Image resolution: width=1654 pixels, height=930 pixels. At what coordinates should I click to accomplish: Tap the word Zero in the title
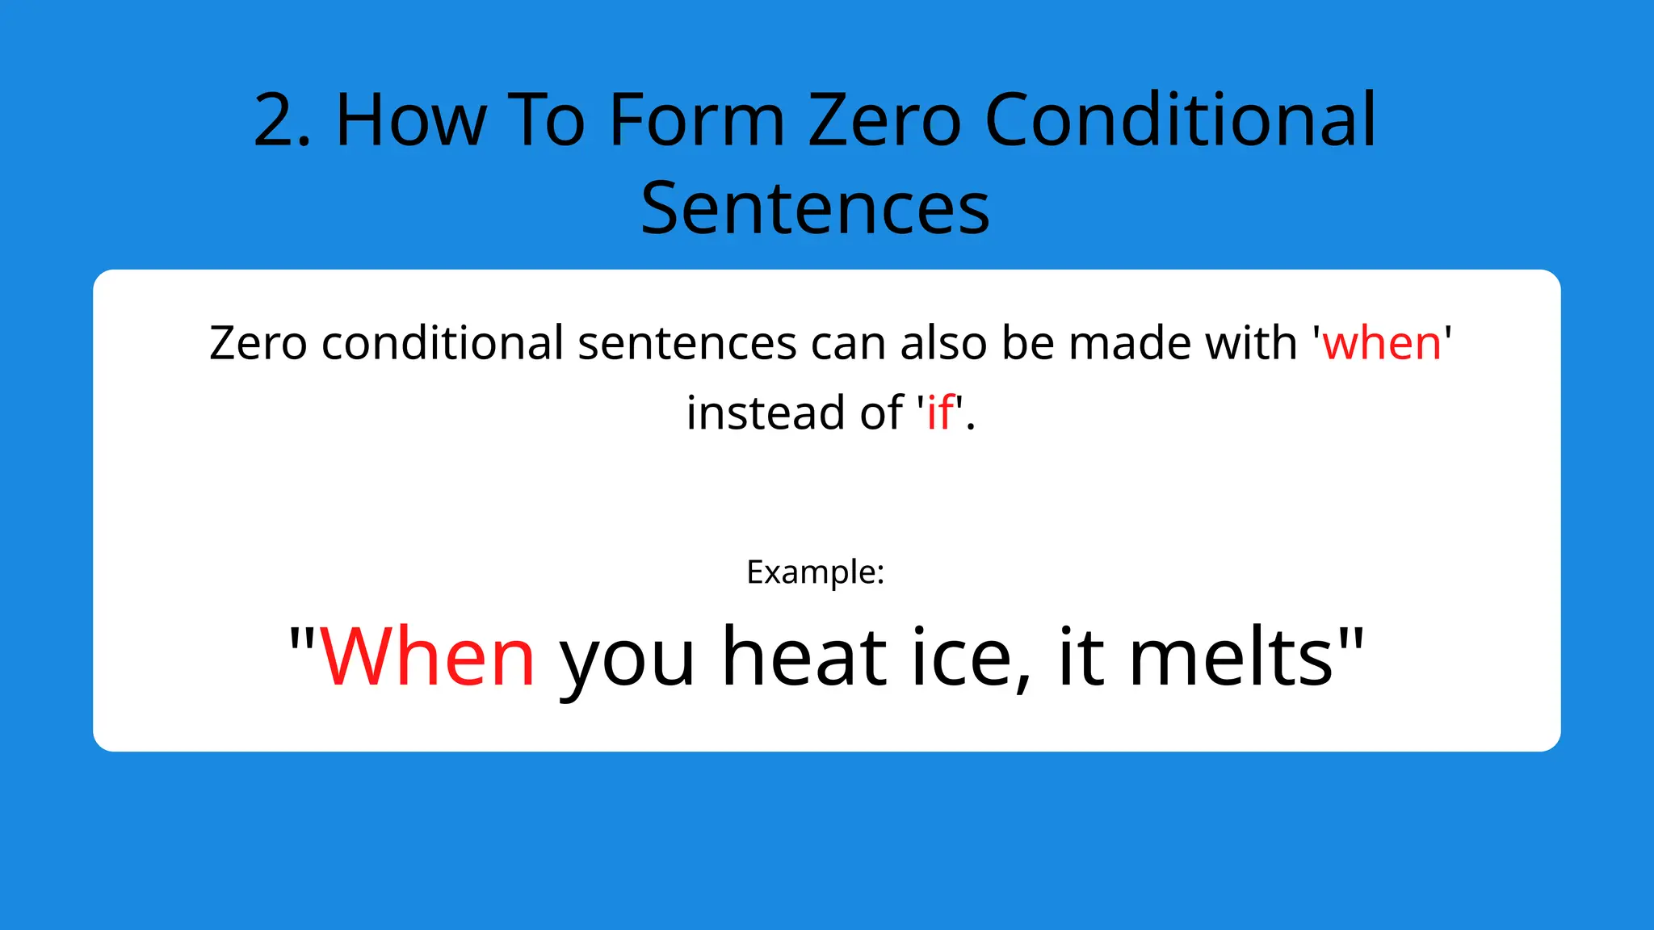click(x=884, y=121)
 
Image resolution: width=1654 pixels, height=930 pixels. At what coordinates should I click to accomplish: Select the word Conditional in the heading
click(x=1181, y=121)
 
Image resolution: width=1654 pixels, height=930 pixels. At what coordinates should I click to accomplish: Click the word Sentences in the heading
click(x=815, y=209)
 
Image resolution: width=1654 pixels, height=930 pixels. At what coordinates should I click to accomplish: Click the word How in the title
click(x=410, y=121)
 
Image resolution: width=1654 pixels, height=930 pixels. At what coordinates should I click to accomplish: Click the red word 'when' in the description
click(x=1382, y=343)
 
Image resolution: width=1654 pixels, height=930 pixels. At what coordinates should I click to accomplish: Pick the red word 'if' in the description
click(x=940, y=413)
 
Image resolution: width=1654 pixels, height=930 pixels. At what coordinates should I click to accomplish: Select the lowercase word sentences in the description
click(x=687, y=343)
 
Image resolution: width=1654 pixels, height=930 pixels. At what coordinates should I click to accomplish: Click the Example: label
click(x=816, y=572)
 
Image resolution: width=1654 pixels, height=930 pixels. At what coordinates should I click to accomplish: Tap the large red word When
click(x=427, y=658)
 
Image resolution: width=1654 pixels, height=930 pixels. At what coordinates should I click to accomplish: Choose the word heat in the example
click(x=804, y=658)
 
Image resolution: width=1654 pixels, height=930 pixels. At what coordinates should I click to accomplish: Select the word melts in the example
click(x=1231, y=658)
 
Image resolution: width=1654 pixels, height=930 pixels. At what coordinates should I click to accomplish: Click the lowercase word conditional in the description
click(x=443, y=343)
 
